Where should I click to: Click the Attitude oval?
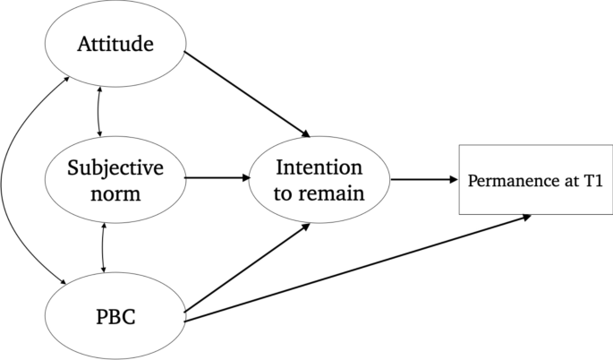coord(114,43)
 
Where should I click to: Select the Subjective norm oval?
coord(114,178)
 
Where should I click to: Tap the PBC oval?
coord(114,317)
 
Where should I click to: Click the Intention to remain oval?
coord(319,179)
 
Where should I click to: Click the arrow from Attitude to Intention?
coord(246,94)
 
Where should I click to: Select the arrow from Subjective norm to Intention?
coord(217,177)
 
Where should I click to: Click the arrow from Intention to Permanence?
coord(423,179)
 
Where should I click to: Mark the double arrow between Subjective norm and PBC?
coord(106,246)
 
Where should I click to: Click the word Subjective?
coord(114,167)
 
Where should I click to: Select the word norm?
coord(114,191)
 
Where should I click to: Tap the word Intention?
coord(319,167)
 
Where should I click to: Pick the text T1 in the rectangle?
coord(593,180)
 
